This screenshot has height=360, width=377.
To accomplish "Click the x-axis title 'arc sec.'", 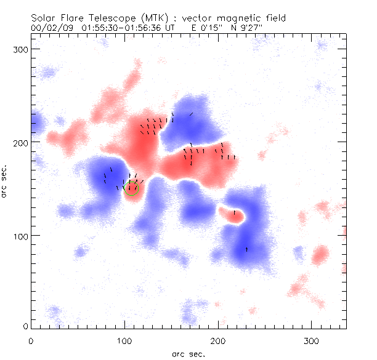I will click(188, 353).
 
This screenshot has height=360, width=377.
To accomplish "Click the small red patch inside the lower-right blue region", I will click(233, 214).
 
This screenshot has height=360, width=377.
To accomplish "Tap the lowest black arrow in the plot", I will click(247, 249).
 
